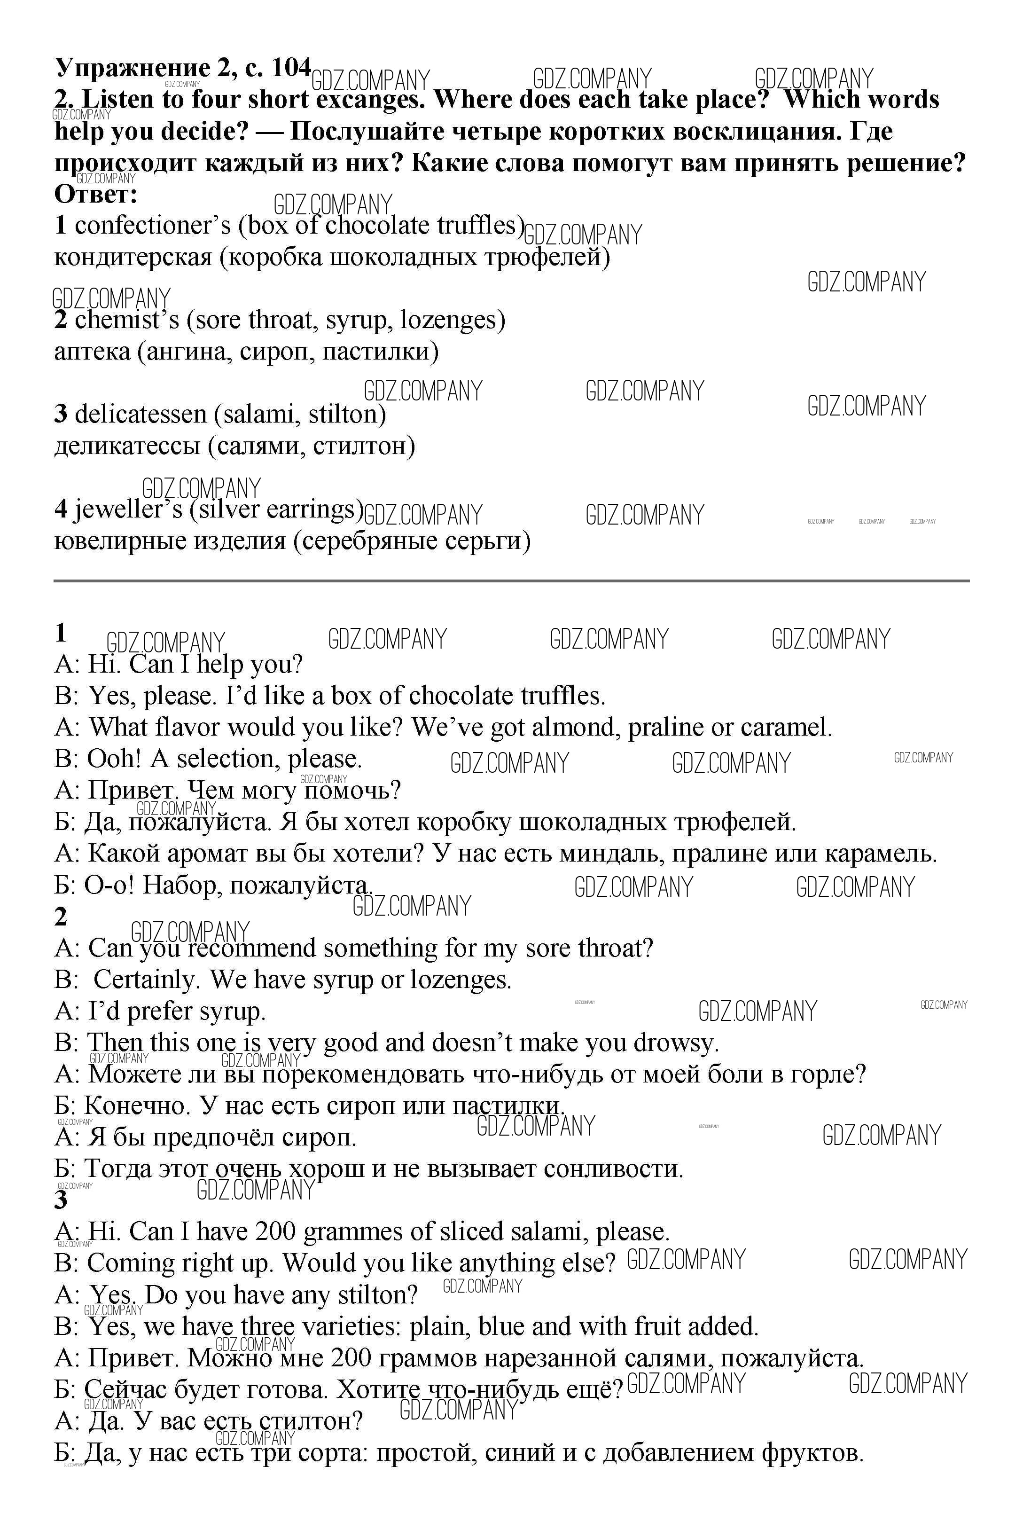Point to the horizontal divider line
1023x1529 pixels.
511,580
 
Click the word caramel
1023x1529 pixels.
787,728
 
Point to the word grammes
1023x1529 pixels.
353,1232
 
